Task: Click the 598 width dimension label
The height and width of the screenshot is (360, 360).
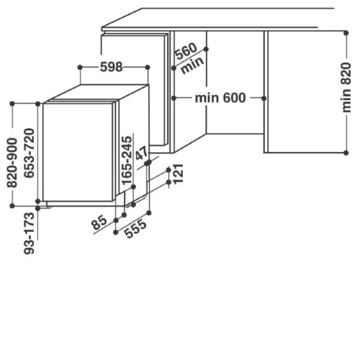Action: point(111,67)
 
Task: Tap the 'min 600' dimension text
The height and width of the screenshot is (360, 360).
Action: point(220,98)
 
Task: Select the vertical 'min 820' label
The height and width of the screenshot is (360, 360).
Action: point(346,88)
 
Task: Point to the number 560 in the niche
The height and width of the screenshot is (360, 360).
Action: point(186,51)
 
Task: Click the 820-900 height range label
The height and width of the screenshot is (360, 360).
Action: point(12,163)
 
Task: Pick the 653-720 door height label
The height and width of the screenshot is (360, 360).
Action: point(30,153)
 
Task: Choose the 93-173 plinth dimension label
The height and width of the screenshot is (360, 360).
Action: point(30,233)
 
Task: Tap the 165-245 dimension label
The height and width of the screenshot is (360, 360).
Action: point(127,161)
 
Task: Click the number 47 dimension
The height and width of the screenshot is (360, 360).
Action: point(142,153)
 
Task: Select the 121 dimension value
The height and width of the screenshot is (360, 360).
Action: point(178,174)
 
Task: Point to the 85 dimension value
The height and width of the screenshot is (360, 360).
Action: point(99,222)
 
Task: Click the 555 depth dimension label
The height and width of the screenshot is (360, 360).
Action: point(135,228)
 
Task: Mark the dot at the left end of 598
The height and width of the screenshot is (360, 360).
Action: point(80,67)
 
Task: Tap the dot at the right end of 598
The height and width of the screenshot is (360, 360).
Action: point(148,67)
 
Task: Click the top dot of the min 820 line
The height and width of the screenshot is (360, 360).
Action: point(346,33)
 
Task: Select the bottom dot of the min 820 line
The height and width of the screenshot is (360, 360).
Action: point(346,153)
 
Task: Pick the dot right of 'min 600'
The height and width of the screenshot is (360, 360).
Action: point(264,98)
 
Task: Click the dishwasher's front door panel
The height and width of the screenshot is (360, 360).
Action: point(78,152)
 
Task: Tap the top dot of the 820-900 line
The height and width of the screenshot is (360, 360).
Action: point(12,104)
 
